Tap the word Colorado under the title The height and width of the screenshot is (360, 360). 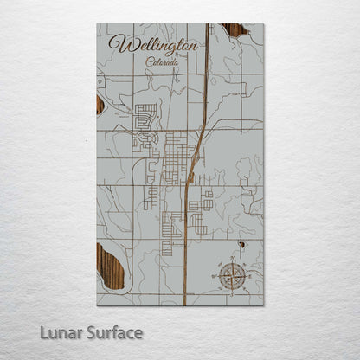click(x=164, y=62)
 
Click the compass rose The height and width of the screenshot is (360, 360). click(x=232, y=276)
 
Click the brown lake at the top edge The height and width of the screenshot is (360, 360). click(x=233, y=30)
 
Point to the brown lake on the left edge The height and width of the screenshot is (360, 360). click(x=100, y=105)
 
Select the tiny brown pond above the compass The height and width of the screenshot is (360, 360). click(x=242, y=245)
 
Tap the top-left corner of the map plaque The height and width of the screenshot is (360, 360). click(x=97, y=24)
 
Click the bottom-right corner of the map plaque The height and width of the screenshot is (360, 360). click(x=264, y=305)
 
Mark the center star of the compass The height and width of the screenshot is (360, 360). click(x=232, y=276)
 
